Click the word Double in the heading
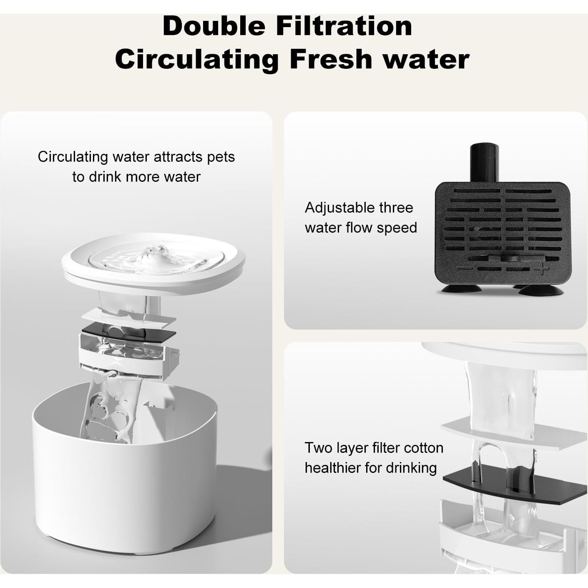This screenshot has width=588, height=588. (214, 26)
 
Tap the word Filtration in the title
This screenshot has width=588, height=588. (344, 26)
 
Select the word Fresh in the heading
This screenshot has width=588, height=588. (331, 59)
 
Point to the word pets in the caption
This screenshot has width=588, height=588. (221, 157)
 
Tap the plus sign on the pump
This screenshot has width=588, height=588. (542, 269)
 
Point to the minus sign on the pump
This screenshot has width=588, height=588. (464, 268)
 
